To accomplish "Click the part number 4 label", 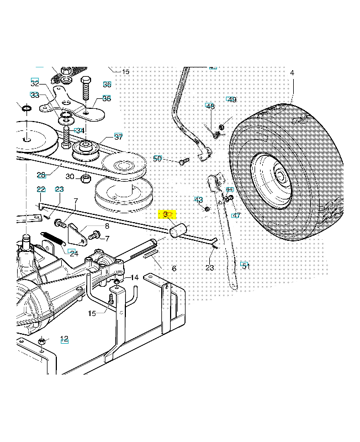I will tap(292, 73).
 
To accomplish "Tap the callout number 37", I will tap(118, 137).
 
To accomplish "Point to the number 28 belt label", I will tap(41, 175).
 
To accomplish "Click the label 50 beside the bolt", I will tap(157, 159).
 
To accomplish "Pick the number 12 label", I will tap(64, 339).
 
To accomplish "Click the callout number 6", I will tap(174, 269).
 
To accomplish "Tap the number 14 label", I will tap(135, 277).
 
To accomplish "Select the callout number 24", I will tap(73, 252).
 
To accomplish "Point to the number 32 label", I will tap(35, 83).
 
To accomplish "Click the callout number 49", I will tap(232, 99).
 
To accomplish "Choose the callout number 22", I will tap(41, 189).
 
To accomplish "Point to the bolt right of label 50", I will tap(184, 161).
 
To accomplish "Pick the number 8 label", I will tap(107, 225).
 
